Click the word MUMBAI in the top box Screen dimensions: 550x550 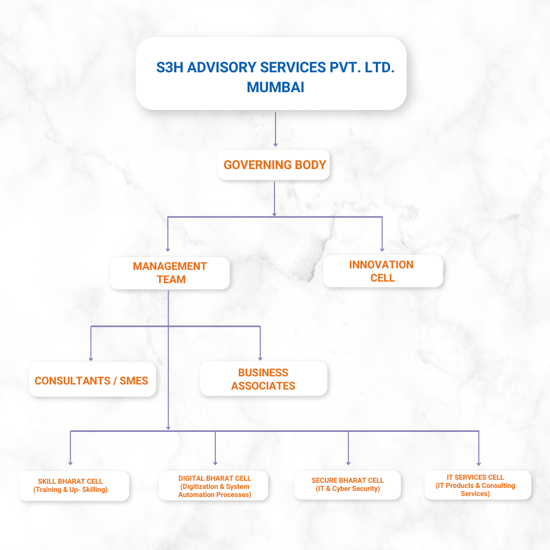275,87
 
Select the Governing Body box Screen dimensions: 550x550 274,165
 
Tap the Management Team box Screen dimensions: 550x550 170,273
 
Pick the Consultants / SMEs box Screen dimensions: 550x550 92,381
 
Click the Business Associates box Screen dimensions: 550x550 263,379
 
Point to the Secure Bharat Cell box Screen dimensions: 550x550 348,485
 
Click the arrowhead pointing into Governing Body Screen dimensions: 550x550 276,144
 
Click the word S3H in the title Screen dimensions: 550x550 170,67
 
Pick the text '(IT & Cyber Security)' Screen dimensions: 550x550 348,489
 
